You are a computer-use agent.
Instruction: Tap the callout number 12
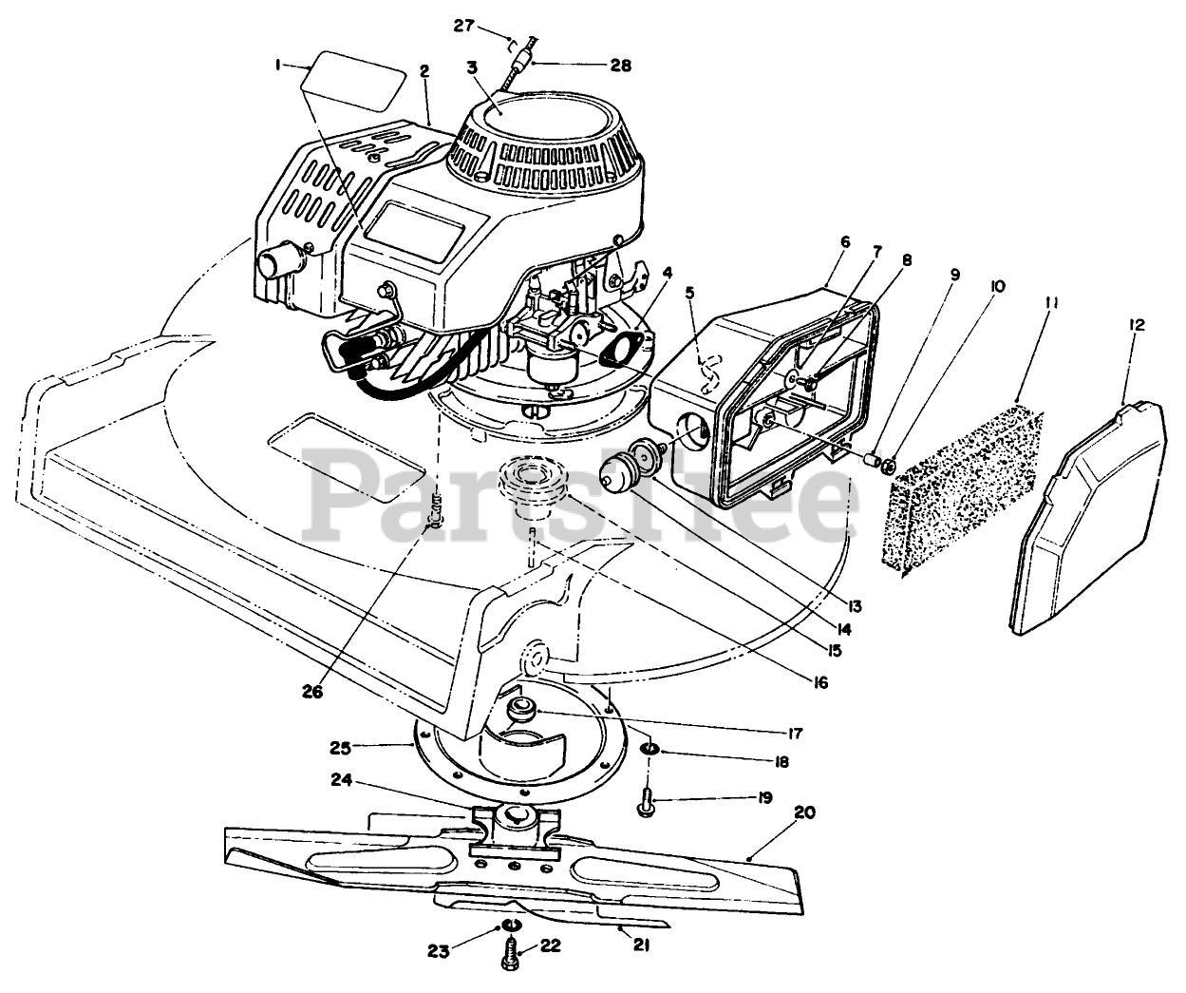[1137, 324]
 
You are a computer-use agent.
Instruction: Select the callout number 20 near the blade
[804, 813]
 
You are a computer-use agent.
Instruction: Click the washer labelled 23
[511, 926]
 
